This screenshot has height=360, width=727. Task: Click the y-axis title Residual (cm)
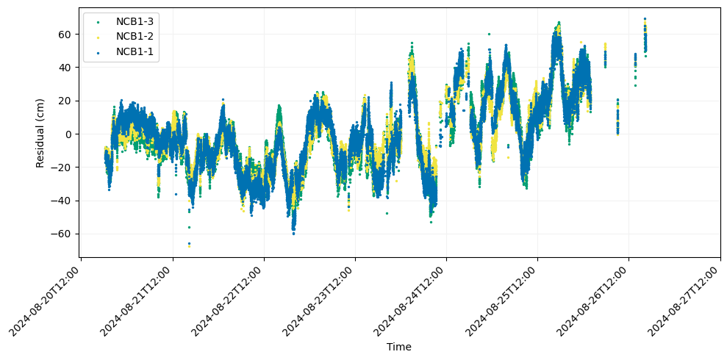click(40, 132)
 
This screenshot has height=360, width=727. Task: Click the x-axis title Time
click(398, 347)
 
